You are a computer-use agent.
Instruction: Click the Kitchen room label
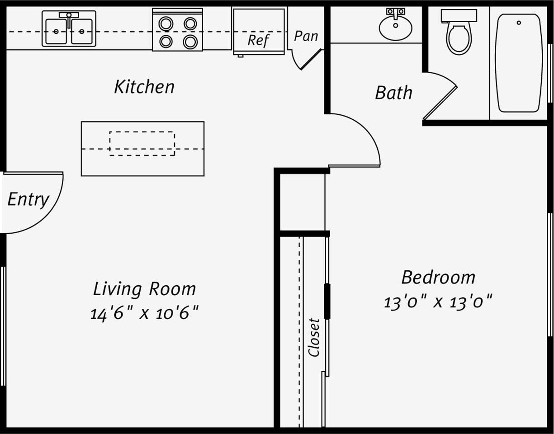[x=144, y=86]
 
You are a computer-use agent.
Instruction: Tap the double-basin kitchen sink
[x=69, y=29]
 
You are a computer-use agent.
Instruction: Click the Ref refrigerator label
[x=258, y=40]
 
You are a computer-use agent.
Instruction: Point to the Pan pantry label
[x=306, y=36]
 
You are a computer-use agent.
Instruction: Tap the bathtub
[x=518, y=63]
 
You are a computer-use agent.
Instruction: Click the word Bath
[x=393, y=93]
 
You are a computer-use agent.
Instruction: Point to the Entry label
[x=28, y=199]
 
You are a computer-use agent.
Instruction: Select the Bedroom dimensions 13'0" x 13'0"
[x=437, y=301]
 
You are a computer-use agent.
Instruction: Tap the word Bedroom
[x=438, y=277]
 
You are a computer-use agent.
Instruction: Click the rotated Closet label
[x=314, y=337]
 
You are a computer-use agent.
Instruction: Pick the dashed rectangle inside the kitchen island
[x=142, y=144]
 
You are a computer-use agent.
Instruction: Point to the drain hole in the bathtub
[x=518, y=22]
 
